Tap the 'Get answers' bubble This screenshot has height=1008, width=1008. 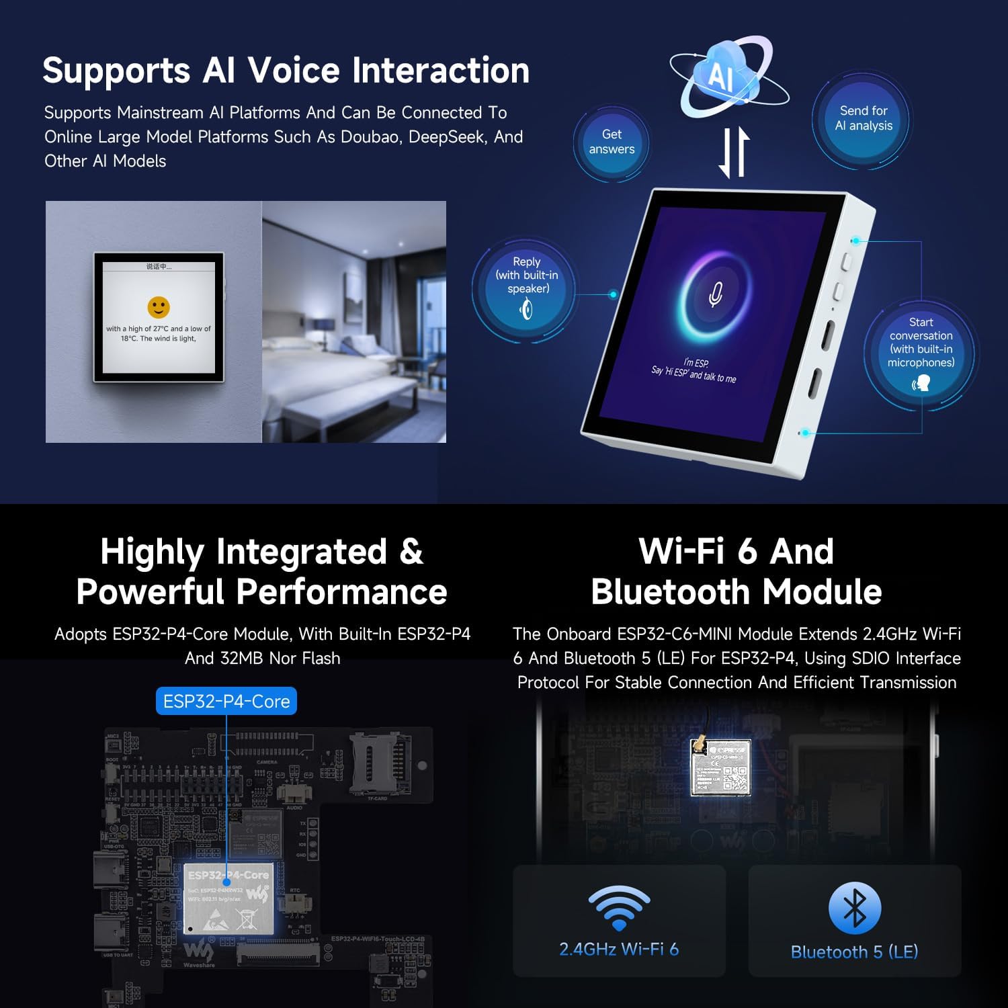[x=612, y=142]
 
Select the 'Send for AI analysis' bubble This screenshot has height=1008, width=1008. [x=864, y=118]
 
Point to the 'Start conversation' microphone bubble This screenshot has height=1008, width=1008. [x=921, y=352]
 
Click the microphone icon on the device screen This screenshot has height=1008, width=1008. [x=716, y=294]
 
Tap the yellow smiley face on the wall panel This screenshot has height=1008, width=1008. [x=159, y=308]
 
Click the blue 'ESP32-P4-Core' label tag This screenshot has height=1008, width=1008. [x=226, y=701]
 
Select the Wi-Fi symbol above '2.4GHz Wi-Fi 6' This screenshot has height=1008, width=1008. [x=619, y=907]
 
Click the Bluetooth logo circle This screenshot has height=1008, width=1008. [x=854, y=908]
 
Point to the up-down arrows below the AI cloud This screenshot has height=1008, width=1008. [x=734, y=153]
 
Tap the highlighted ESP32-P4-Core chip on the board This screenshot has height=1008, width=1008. [x=228, y=898]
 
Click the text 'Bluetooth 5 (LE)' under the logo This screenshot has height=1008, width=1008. [x=854, y=952]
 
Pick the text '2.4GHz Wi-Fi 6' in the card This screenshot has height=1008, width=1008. [x=619, y=949]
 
